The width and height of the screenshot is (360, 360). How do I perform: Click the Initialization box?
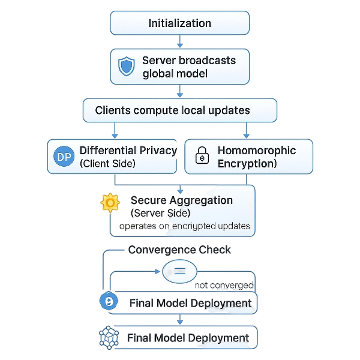(x=179, y=23)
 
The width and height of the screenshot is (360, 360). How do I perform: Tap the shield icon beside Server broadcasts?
(x=127, y=66)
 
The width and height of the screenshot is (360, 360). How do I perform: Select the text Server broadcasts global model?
(x=188, y=67)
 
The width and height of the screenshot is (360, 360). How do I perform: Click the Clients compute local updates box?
(x=179, y=110)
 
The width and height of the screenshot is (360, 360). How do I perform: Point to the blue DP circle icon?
(x=63, y=157)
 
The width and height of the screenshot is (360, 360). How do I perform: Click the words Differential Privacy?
(x=128, y=151)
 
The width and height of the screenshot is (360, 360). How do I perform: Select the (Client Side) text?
(x=107, y=163)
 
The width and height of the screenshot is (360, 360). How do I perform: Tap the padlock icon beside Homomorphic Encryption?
(x=202, y=158)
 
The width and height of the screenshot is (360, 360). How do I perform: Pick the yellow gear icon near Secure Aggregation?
(x=110, y=203)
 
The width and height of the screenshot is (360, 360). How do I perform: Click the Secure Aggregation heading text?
(x=181, y=200)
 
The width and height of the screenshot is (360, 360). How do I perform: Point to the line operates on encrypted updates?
(x=185, y=226)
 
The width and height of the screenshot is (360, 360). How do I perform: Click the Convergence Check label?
(x=179, y=250)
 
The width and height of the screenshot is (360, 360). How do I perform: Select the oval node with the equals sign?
(x=179, y=271)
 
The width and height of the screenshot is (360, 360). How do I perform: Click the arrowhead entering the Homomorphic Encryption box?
(x=246, y=135)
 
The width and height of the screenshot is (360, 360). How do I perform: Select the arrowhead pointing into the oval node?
(x=161, y=271)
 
